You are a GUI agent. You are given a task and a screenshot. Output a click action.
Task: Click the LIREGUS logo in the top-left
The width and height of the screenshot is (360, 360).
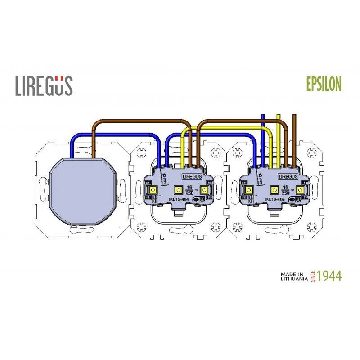[x=44, y=85]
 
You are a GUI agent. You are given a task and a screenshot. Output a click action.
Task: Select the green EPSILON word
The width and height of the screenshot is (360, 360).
[x=324, y=84]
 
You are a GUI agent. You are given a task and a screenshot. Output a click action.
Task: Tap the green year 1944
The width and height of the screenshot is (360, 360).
[x=329, y=276]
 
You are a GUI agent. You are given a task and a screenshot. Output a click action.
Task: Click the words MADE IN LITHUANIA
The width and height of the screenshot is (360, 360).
[x=293, y=276]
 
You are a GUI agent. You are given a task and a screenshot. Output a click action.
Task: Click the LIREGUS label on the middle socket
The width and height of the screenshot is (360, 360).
[x=192, y=177]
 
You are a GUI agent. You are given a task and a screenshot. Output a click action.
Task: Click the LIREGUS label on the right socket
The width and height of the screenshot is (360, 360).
[x=289, y=177]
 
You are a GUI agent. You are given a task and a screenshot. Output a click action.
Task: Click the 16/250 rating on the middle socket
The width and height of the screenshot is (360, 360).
[x=190, y=189]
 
